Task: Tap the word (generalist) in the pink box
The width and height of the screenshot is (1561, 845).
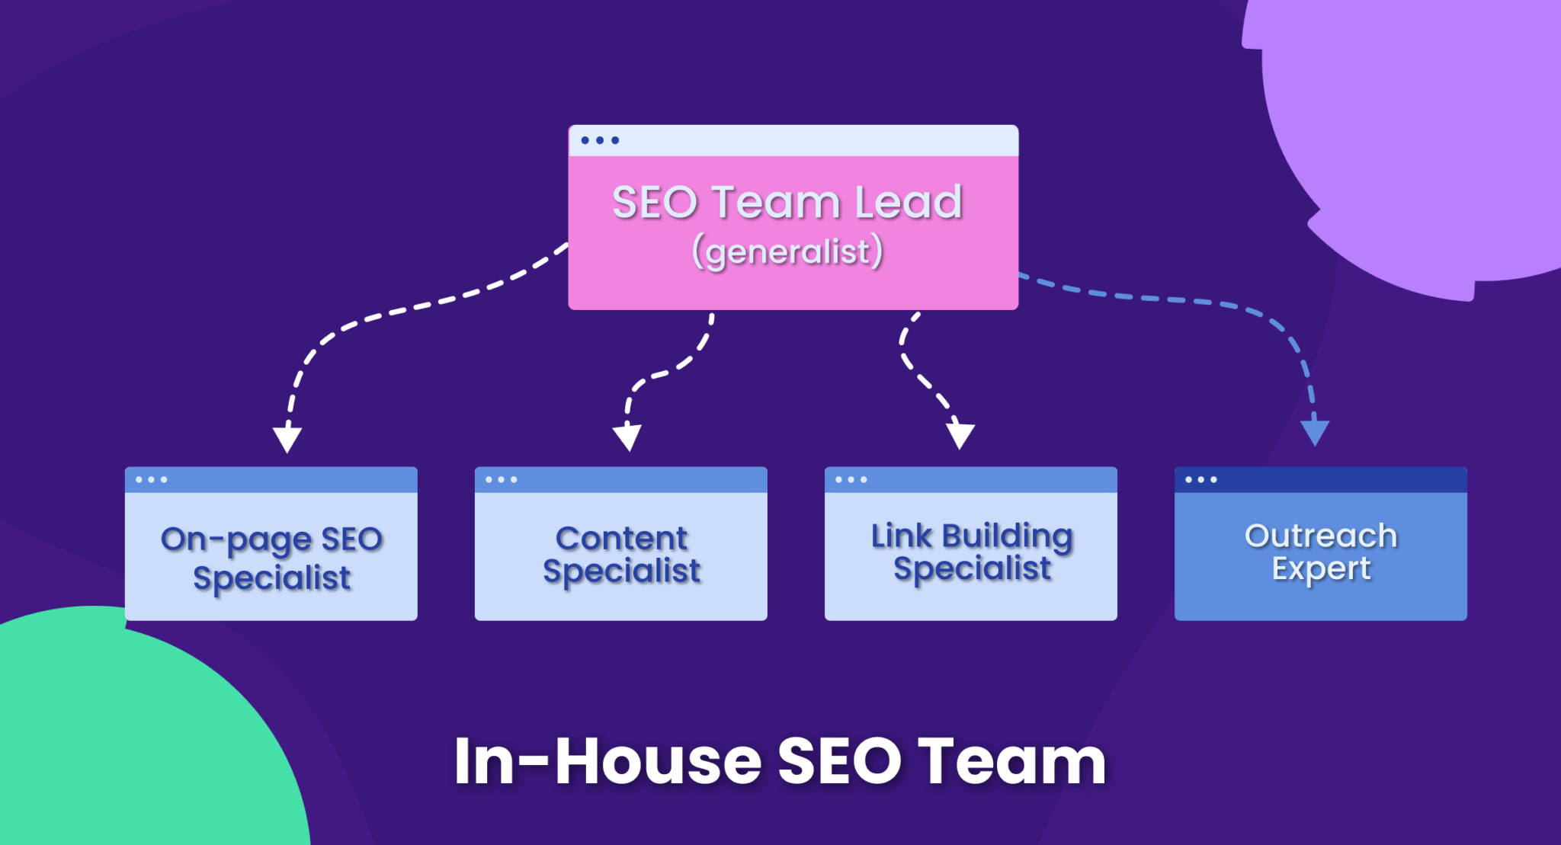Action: [x=787, y=252]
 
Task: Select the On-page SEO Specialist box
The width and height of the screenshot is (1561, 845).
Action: [x=271, y=556]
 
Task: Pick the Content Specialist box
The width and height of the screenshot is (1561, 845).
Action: [x=620, y=556]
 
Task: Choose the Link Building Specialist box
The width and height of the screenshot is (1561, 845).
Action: [x=970, y=556]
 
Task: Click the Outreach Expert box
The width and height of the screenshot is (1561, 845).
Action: [x=1320, y=556]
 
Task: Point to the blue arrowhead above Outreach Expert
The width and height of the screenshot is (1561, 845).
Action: [x=1315, y=432]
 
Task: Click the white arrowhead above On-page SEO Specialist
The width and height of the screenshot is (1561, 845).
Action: [x=287, y=439]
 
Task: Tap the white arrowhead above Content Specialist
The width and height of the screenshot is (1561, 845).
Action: [x=627, y=438]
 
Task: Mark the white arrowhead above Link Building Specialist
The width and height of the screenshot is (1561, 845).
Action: [x=960, y=436]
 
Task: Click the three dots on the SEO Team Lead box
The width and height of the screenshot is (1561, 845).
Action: [x=600, y=140]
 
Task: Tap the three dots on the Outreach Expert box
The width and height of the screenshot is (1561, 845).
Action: [x=1200, y=479]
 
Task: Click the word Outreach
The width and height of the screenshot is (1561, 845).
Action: [x=1320, y=536]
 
